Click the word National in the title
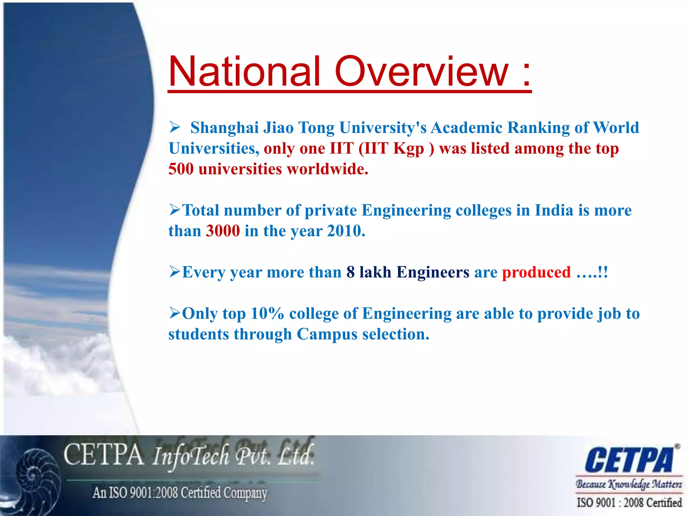coord(244,72)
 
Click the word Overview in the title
coord(422,72)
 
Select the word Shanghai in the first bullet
coord(224,128)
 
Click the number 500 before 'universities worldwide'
coord(181,169)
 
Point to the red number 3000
coord(223,231)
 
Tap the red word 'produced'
coord(536,272)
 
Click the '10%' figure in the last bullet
coord(267,314)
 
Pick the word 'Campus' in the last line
coord(327,335)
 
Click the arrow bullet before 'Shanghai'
coord(175,127)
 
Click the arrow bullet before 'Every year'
coord(175,271)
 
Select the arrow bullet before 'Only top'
coord(175,313)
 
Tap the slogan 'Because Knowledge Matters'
coord(629,484)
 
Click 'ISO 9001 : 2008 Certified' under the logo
coord(629,503)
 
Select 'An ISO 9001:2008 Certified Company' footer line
coord(180,493)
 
